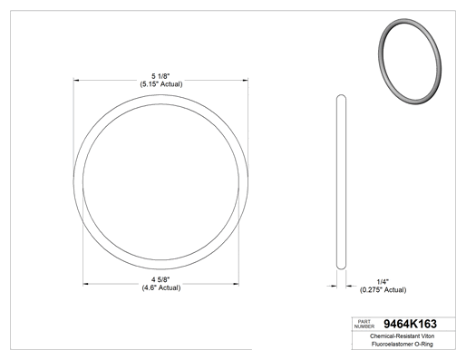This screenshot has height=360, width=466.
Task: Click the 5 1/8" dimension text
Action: click(x=160, y=76)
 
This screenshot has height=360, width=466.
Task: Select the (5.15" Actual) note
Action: click(x=161, y=84)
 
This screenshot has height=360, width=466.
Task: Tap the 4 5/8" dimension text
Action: click(x=160, y=279)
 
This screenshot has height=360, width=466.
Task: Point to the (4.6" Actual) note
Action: click(x=161, y=287)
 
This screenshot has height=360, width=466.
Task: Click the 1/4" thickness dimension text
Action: click(x=383, y=282)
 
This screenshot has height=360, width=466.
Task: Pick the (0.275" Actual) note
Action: click(x=383, y=290)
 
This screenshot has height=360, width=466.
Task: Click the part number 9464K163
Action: click(x=410, y=324)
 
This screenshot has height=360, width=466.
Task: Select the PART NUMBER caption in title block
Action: click(x=364, y=324)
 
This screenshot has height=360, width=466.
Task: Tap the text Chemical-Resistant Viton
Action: click(x=402, y=336)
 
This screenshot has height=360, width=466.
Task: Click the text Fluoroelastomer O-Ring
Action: click(x=402, y=344)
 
